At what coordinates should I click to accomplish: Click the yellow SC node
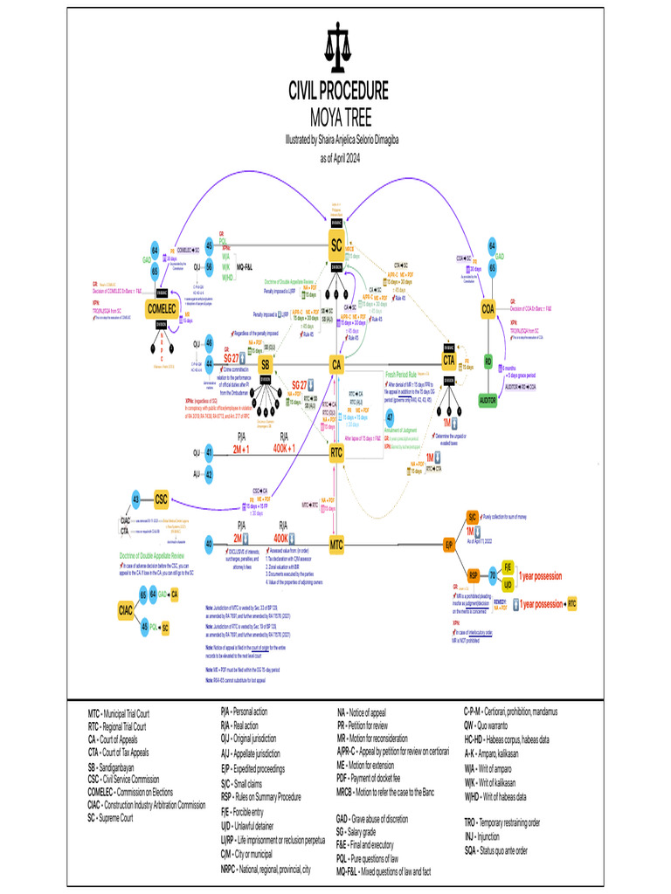335,246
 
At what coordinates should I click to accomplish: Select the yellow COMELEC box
162,308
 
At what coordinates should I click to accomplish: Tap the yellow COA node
488,308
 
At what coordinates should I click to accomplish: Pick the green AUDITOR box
488,399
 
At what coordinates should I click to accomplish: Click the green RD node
488,361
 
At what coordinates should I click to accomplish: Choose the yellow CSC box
161,499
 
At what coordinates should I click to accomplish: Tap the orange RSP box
473,575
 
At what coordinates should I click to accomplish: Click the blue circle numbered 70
493,575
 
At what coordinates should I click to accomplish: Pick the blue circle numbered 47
390,417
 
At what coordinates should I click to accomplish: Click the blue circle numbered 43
135,499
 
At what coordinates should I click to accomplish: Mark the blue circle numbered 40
209,544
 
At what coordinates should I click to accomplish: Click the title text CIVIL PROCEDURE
338,92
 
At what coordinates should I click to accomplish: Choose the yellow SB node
266,364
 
